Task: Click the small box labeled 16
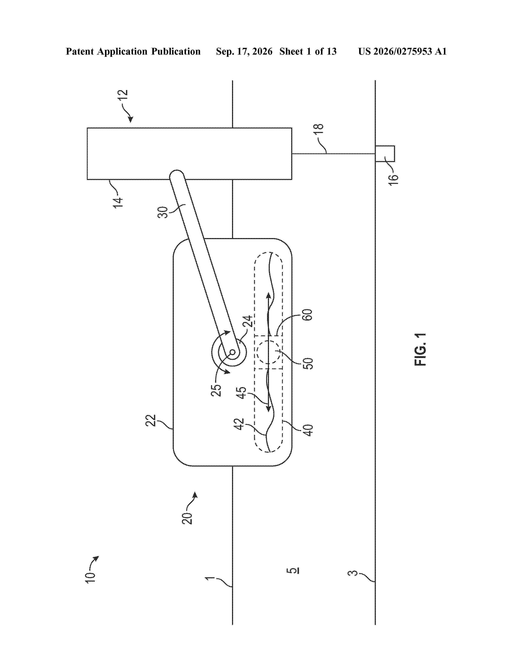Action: [385, 154]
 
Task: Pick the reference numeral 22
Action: [151, 420]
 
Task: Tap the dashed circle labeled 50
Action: [268, 352]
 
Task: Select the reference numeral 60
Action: [308, 314]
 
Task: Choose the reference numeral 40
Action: [308, 430]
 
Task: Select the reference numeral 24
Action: [247, 321]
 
